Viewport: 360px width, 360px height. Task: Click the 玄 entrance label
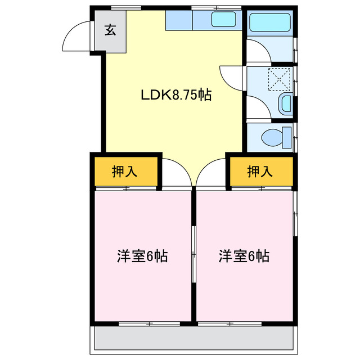pos(110,30)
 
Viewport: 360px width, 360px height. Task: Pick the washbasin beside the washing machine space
pos(286,103)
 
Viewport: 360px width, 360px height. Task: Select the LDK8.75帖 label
pos(175,95)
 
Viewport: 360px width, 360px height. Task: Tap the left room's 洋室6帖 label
pos(142,256)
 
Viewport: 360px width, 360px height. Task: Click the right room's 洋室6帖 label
pos(244,256)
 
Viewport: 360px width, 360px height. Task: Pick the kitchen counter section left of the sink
pos(179,21)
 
